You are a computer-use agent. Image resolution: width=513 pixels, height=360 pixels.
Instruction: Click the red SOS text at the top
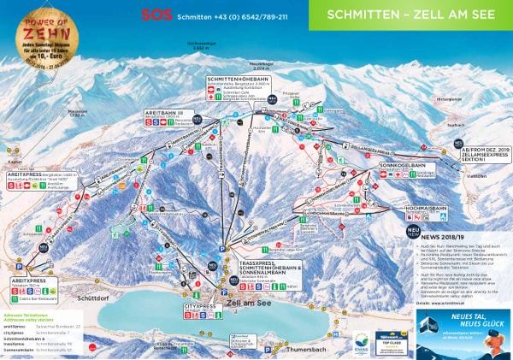click(150, 15)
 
